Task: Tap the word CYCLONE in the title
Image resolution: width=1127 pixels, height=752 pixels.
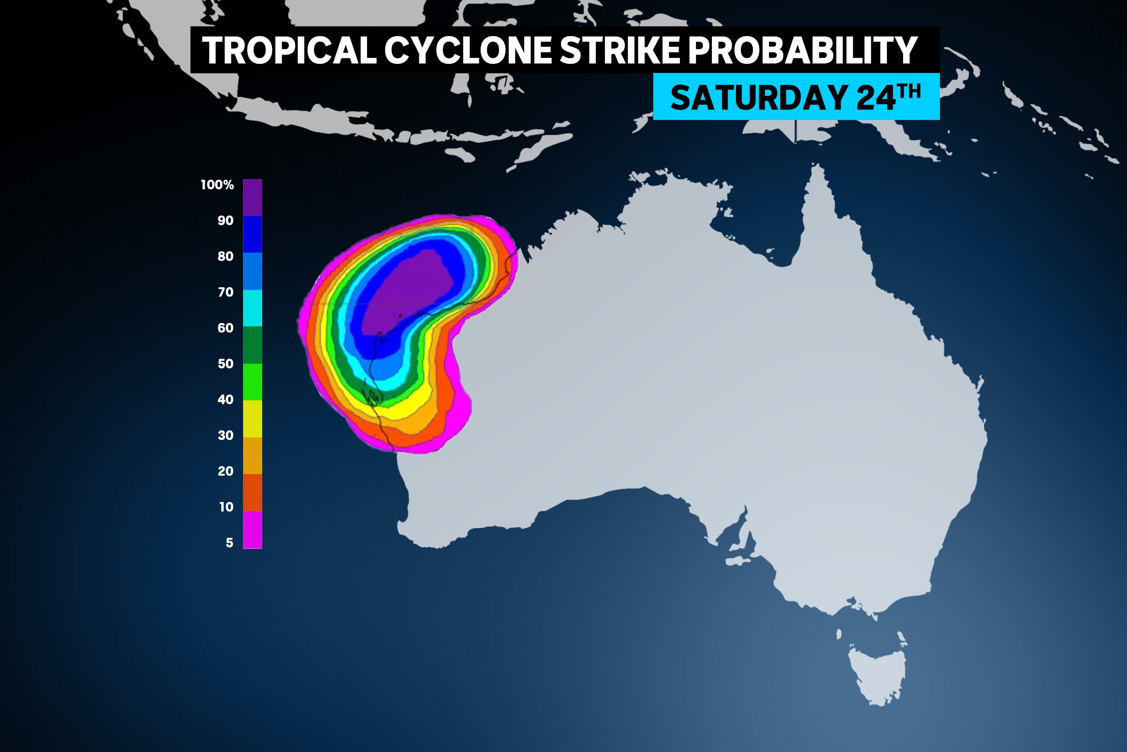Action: coord(468,50)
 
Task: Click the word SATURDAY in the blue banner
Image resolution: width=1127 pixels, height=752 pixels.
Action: coord(758,97)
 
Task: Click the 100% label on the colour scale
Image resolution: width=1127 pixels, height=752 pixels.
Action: coord(217,185)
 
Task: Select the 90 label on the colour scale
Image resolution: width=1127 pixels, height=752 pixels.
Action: coord(225,221)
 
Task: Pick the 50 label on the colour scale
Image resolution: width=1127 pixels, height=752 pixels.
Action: coord(225,364)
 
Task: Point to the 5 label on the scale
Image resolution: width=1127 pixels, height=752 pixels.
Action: coord(230,543)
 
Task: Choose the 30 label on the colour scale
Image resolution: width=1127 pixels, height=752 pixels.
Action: coord(225,435)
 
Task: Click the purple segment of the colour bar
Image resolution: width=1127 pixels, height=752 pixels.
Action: coord(252,197)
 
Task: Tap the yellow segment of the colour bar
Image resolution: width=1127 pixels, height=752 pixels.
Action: coord(252,419)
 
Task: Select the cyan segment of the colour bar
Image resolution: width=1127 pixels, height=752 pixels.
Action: coord(252,308)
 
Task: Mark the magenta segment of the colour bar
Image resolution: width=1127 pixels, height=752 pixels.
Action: coord(252,529)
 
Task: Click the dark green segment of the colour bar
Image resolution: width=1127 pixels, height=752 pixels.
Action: coord(252,345)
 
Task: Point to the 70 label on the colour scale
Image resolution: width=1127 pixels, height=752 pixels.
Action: coord(225,292)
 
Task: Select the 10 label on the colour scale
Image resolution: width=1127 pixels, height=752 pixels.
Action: coord(226,507)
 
